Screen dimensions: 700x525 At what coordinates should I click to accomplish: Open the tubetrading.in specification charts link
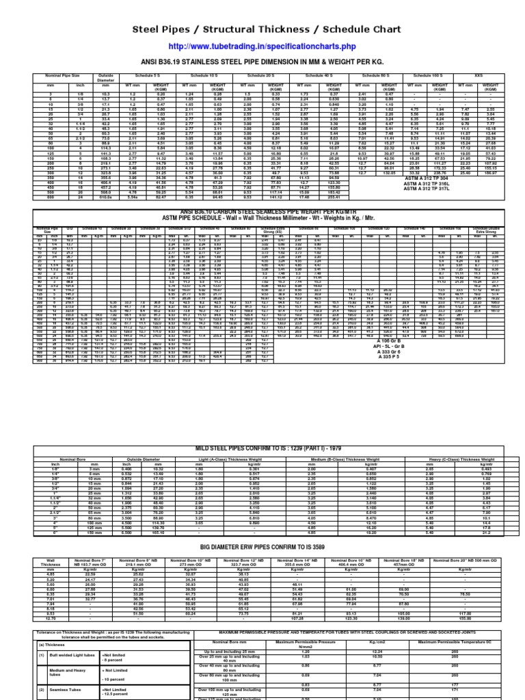[x=262, y=46]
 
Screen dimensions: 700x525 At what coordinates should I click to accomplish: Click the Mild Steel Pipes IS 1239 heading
[x=262, y=448]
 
